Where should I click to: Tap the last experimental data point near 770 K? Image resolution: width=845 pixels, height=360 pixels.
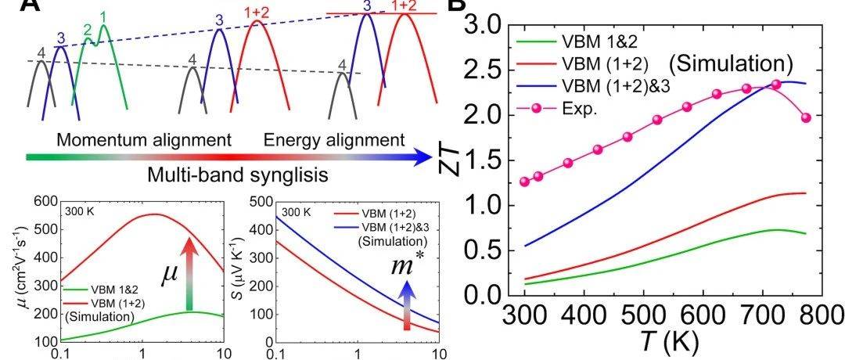point(806,117)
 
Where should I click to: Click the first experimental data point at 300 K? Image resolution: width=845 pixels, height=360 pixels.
point(524,182)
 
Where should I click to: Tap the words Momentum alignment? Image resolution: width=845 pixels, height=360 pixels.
point(144,141)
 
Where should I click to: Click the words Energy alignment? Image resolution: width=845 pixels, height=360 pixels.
point(334,141)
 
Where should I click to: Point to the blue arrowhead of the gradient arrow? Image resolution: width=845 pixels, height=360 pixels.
point(423,157)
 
